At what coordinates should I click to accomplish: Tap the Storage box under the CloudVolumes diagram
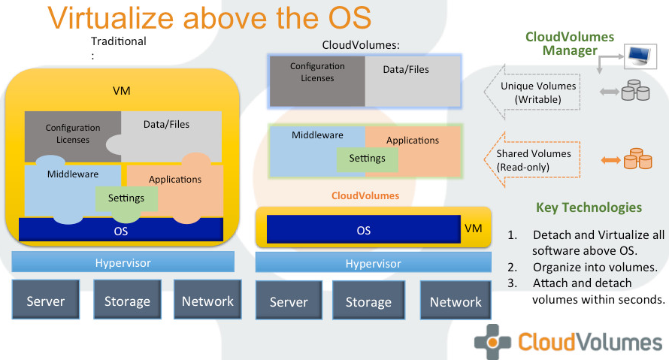tap(368, 301)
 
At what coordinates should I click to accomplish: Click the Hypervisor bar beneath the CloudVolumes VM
tap(374, 262)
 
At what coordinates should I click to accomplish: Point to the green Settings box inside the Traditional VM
tap(126, 198)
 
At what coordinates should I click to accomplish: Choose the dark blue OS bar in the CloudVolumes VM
tap(364, 229)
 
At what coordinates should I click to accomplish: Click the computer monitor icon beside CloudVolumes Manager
tap(640, 56)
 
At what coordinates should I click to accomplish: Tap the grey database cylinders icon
tap(635, 90)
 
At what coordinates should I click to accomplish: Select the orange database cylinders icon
tap(638, 159)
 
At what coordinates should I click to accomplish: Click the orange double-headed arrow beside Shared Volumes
tap(610, 160)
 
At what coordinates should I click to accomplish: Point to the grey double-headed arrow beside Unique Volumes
tap(610, 92)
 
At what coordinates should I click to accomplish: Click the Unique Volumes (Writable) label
tap(538, 92)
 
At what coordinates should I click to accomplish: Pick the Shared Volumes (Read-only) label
tap(534, 160)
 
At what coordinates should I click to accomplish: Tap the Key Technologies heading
tap(589, 207)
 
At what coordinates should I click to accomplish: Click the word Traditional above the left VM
tap(119, 41)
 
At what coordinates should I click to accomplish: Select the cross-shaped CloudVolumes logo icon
tap(493, 342)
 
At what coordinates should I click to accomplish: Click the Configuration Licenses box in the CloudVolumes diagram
tap(317, 81)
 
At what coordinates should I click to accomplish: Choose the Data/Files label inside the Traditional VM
tap(166, 124)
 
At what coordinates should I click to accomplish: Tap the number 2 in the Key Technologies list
tap(512, 268)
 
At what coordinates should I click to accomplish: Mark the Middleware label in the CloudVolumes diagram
tap(317, 135)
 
